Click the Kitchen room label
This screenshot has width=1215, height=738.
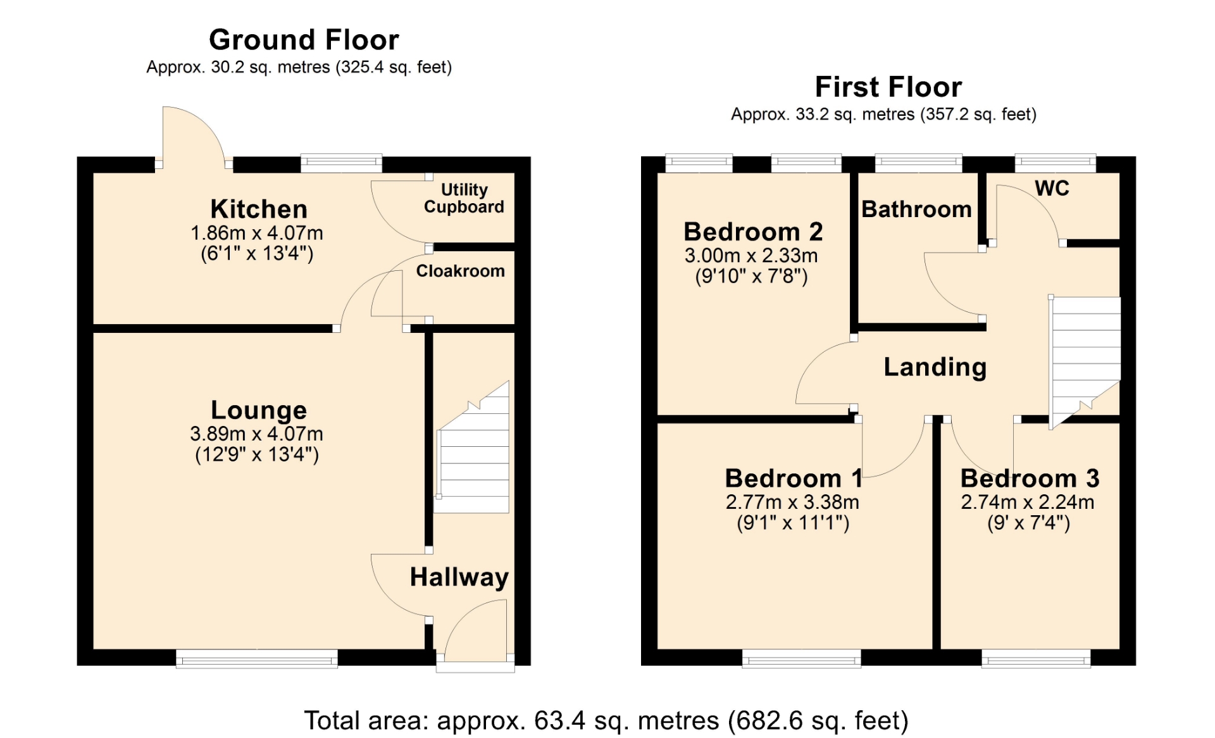[x=259, y=209]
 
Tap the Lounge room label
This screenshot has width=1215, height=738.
[x=259, y=410]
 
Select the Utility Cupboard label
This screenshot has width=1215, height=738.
[x=464, y=198]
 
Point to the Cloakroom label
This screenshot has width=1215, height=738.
[x=460, y=271]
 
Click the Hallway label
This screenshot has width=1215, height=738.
[x=459, y=577]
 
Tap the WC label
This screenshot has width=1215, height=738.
[x=1052, y=188]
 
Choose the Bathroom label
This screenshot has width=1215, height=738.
[x=916, y=209]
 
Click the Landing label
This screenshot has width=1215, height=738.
[x=935, y=367]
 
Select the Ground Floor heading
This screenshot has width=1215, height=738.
[x=304, y=40]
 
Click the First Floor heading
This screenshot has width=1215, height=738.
[x=888, y=87]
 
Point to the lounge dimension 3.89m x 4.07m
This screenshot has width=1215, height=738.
[x=257, y=434]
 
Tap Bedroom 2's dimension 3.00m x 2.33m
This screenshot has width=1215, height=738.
[x=751, y=256]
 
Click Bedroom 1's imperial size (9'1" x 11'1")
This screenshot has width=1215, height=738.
[x=793, y=523]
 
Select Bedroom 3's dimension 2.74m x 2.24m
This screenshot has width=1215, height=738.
[x=1028, y=503]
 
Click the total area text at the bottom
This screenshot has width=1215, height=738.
[x=606, y=720]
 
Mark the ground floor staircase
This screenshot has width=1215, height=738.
[x=473, y=447]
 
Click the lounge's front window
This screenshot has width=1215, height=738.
[x=257, y=659]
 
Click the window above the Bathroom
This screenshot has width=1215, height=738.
[x=918, y=163]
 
